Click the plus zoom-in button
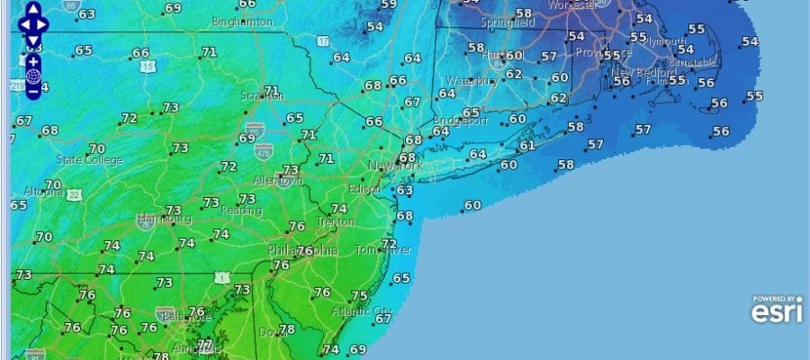(33, 60)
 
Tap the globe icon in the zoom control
(33, 76)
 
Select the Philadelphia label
(302, 250)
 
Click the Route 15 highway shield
(148, 67)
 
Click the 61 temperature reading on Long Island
(527, 145)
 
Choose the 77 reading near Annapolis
(205, 345)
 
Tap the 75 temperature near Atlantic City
(359, 296)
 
